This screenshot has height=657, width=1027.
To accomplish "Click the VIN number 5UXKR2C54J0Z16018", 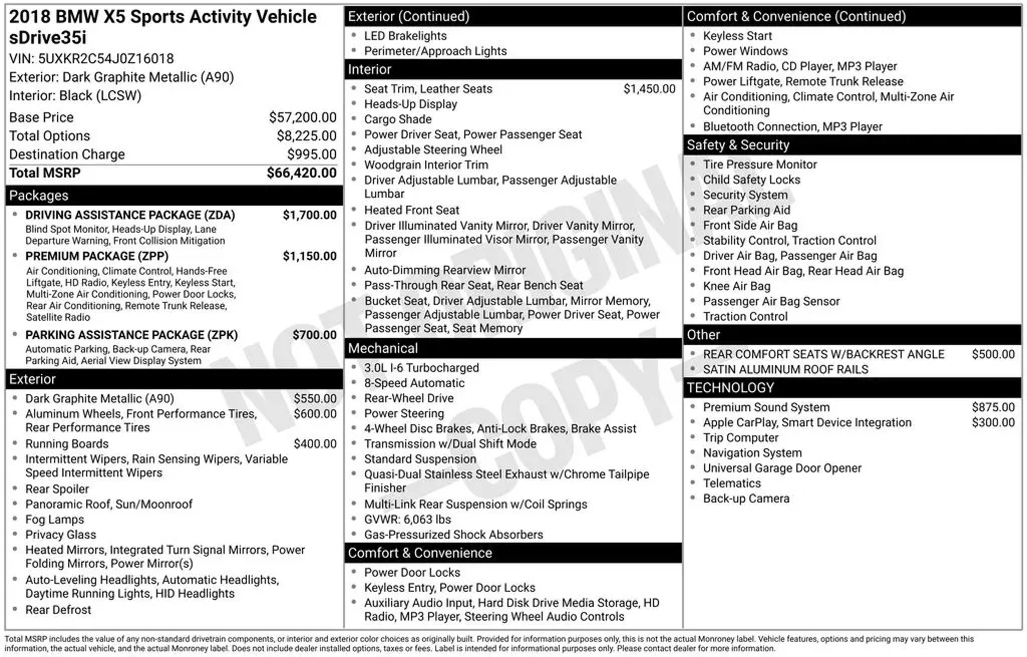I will pos(106,59).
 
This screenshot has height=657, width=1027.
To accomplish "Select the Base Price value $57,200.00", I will pos(302,117).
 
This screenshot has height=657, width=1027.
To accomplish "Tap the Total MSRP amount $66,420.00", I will pos(301,173).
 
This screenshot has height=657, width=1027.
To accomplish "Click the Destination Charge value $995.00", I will pos(311,154).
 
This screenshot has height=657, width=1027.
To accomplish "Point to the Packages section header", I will pos(39,196).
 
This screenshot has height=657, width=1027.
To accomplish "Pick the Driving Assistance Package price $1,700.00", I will pos(309,215).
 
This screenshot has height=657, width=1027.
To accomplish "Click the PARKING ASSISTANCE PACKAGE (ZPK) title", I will pos(131,335).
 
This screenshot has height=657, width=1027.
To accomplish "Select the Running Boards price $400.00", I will pos(315,444).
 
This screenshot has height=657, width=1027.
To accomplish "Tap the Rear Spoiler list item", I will pos(57,489).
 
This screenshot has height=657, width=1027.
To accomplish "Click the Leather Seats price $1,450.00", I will pos(649,89).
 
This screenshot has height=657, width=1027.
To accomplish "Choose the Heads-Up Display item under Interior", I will pos(411,104).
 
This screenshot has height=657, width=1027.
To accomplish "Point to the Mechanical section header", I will pos(383,349).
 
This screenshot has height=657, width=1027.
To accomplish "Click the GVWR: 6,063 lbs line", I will pos(407,520).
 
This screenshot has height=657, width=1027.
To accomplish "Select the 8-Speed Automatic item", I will pos(414,383).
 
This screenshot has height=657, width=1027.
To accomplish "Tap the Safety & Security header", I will pos(738,145).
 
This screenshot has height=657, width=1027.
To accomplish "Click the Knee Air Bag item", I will pos(736,286).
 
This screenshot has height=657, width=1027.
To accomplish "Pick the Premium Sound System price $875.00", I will pos(993,407).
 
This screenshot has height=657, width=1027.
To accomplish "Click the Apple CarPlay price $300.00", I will pos(993,422).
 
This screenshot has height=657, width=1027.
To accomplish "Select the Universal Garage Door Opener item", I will pos(782,468).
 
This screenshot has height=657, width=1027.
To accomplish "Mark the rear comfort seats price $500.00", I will pos(993,354).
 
